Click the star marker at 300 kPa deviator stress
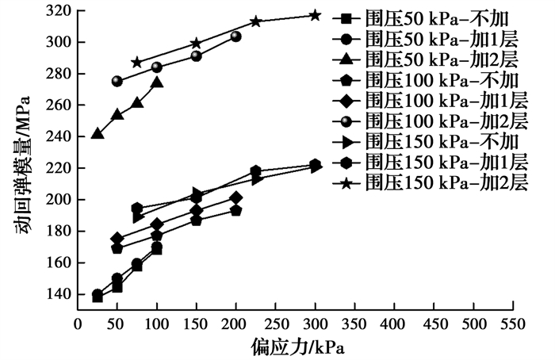(x=315, y=15)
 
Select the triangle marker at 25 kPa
(x=98, y=133)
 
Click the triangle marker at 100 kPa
(x=157, y=82)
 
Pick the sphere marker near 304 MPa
(x=235, y=36)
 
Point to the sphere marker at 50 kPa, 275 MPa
(x=117, y=82)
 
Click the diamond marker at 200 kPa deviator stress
(x=235, y=197)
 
